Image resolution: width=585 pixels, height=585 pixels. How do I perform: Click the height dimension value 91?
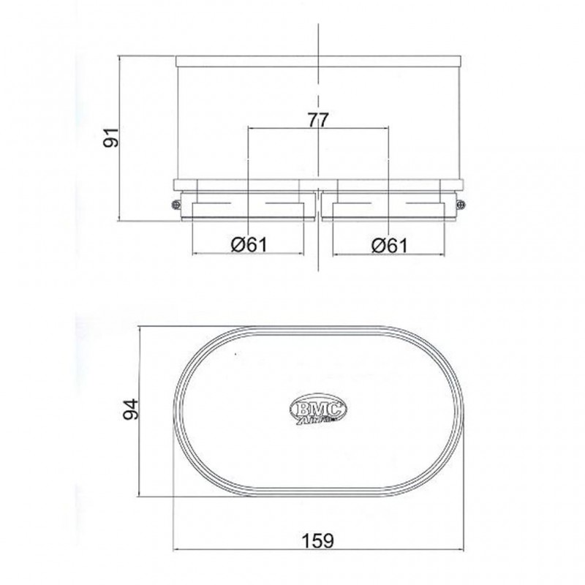[111, 137]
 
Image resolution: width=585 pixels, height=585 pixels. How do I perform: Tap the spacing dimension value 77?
[319, 120]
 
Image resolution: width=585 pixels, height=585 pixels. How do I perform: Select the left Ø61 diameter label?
[249, 245]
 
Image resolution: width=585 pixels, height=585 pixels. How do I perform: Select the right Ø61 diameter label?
[390, 245]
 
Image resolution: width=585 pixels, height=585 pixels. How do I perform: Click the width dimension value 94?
[131, 409]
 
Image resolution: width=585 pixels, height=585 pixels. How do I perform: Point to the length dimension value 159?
[318, 540]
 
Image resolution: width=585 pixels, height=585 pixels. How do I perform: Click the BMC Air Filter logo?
[318, 408]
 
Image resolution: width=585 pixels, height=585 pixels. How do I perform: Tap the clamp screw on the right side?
[461, 204]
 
